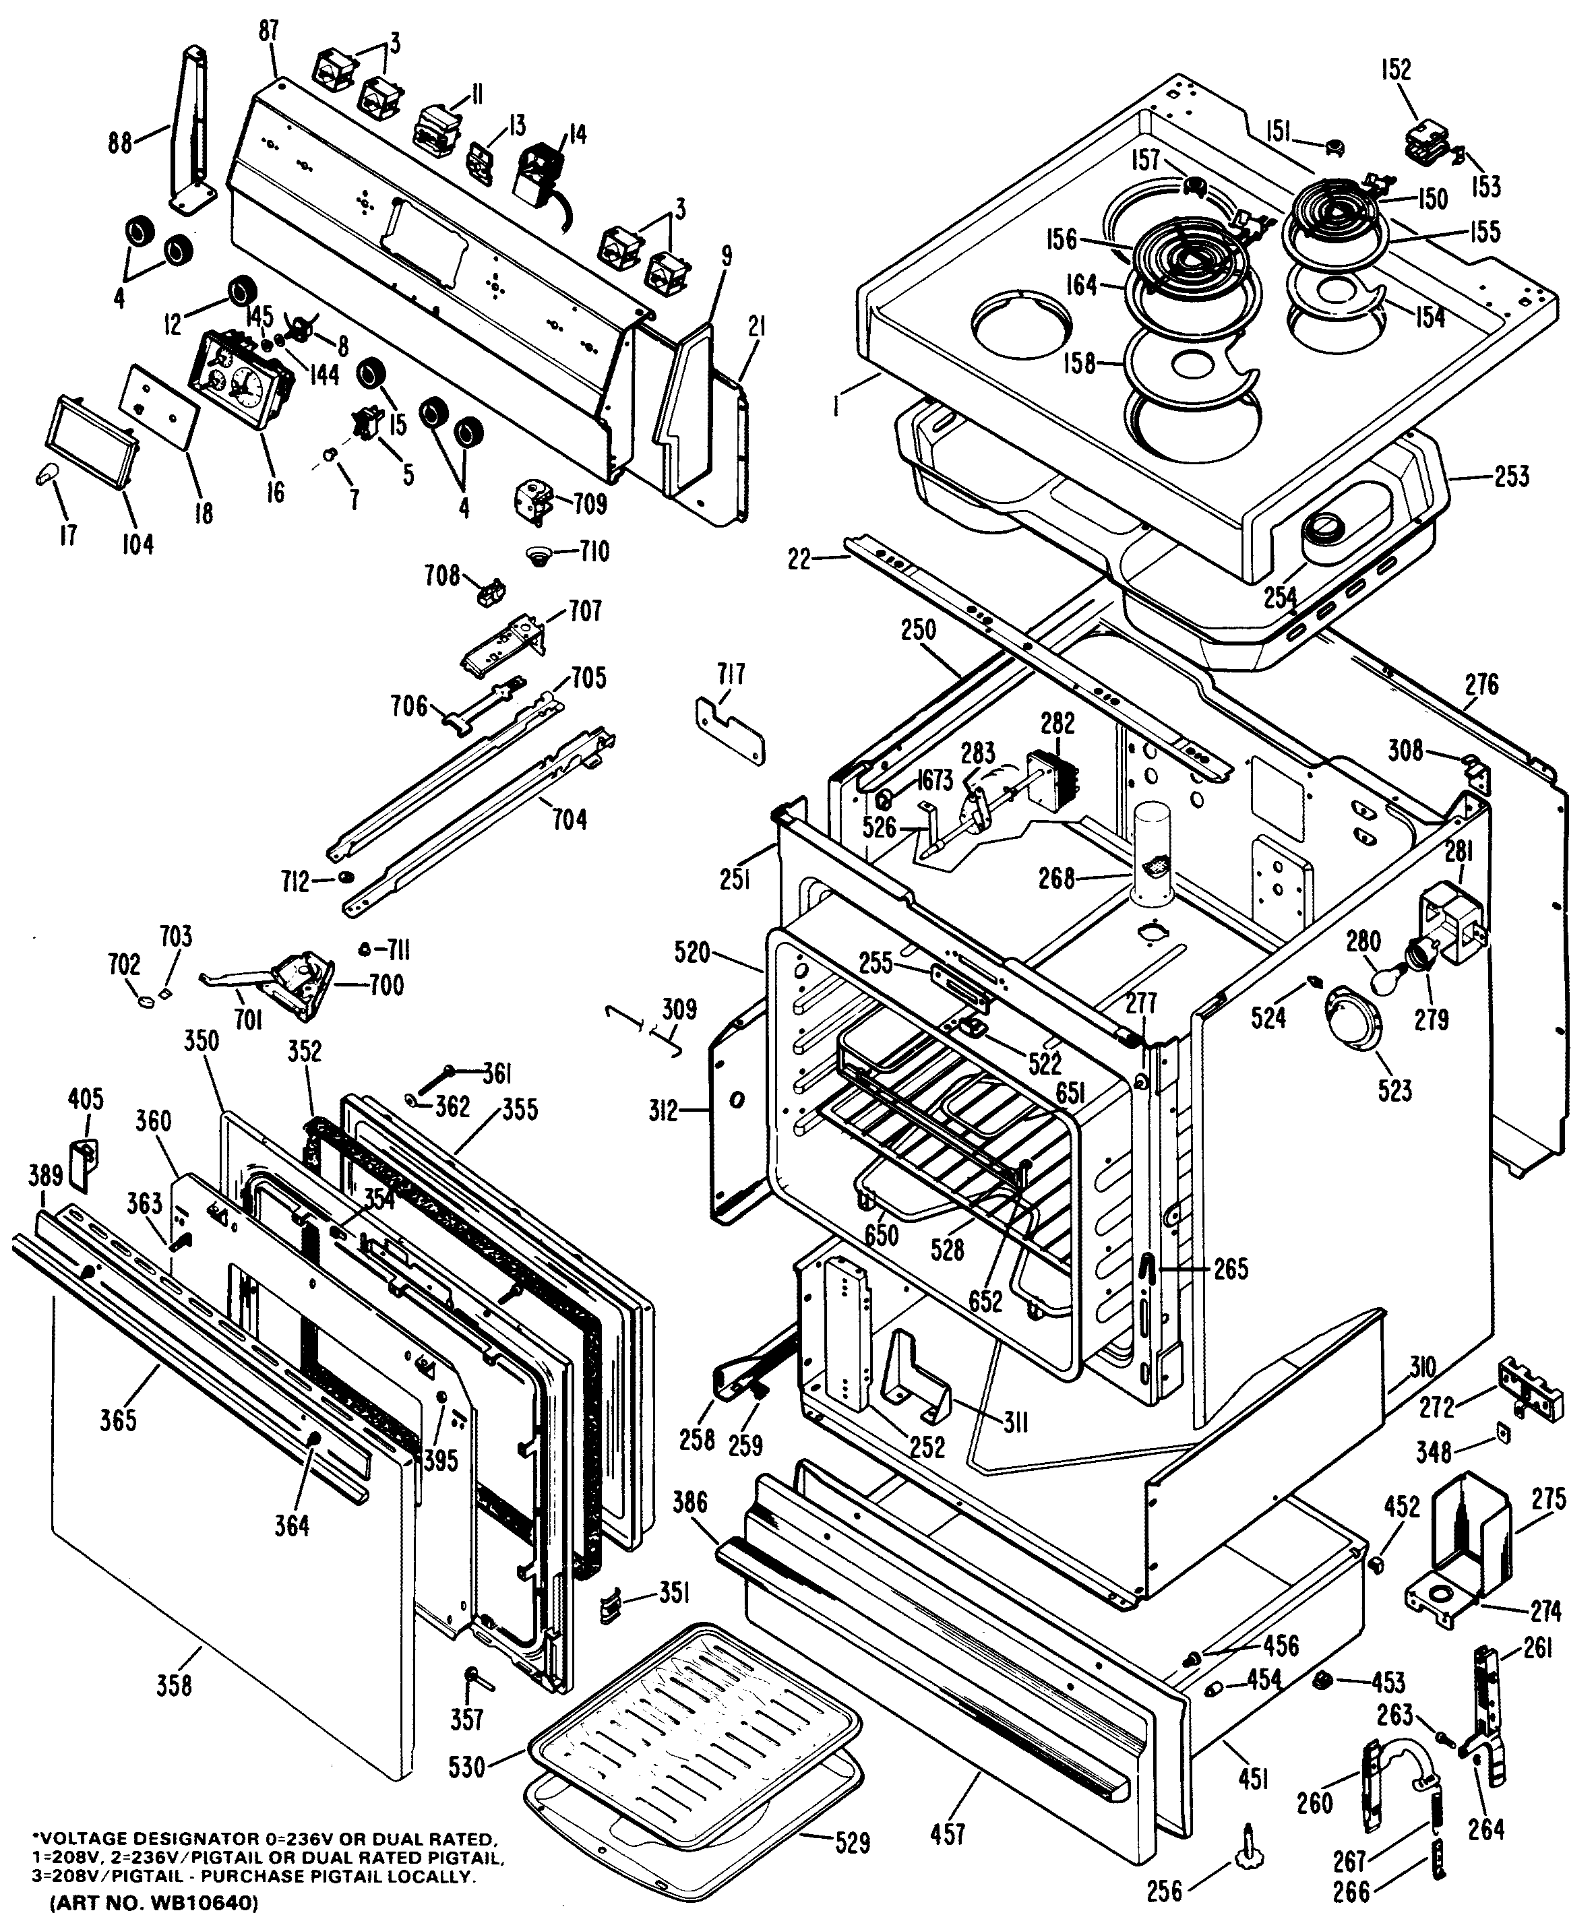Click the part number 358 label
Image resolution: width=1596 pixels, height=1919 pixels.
[x=175, y=1683]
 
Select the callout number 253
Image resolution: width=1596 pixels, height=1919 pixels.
[x=1511, y=476]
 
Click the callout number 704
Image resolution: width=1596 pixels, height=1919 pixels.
[x=570, y=820]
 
